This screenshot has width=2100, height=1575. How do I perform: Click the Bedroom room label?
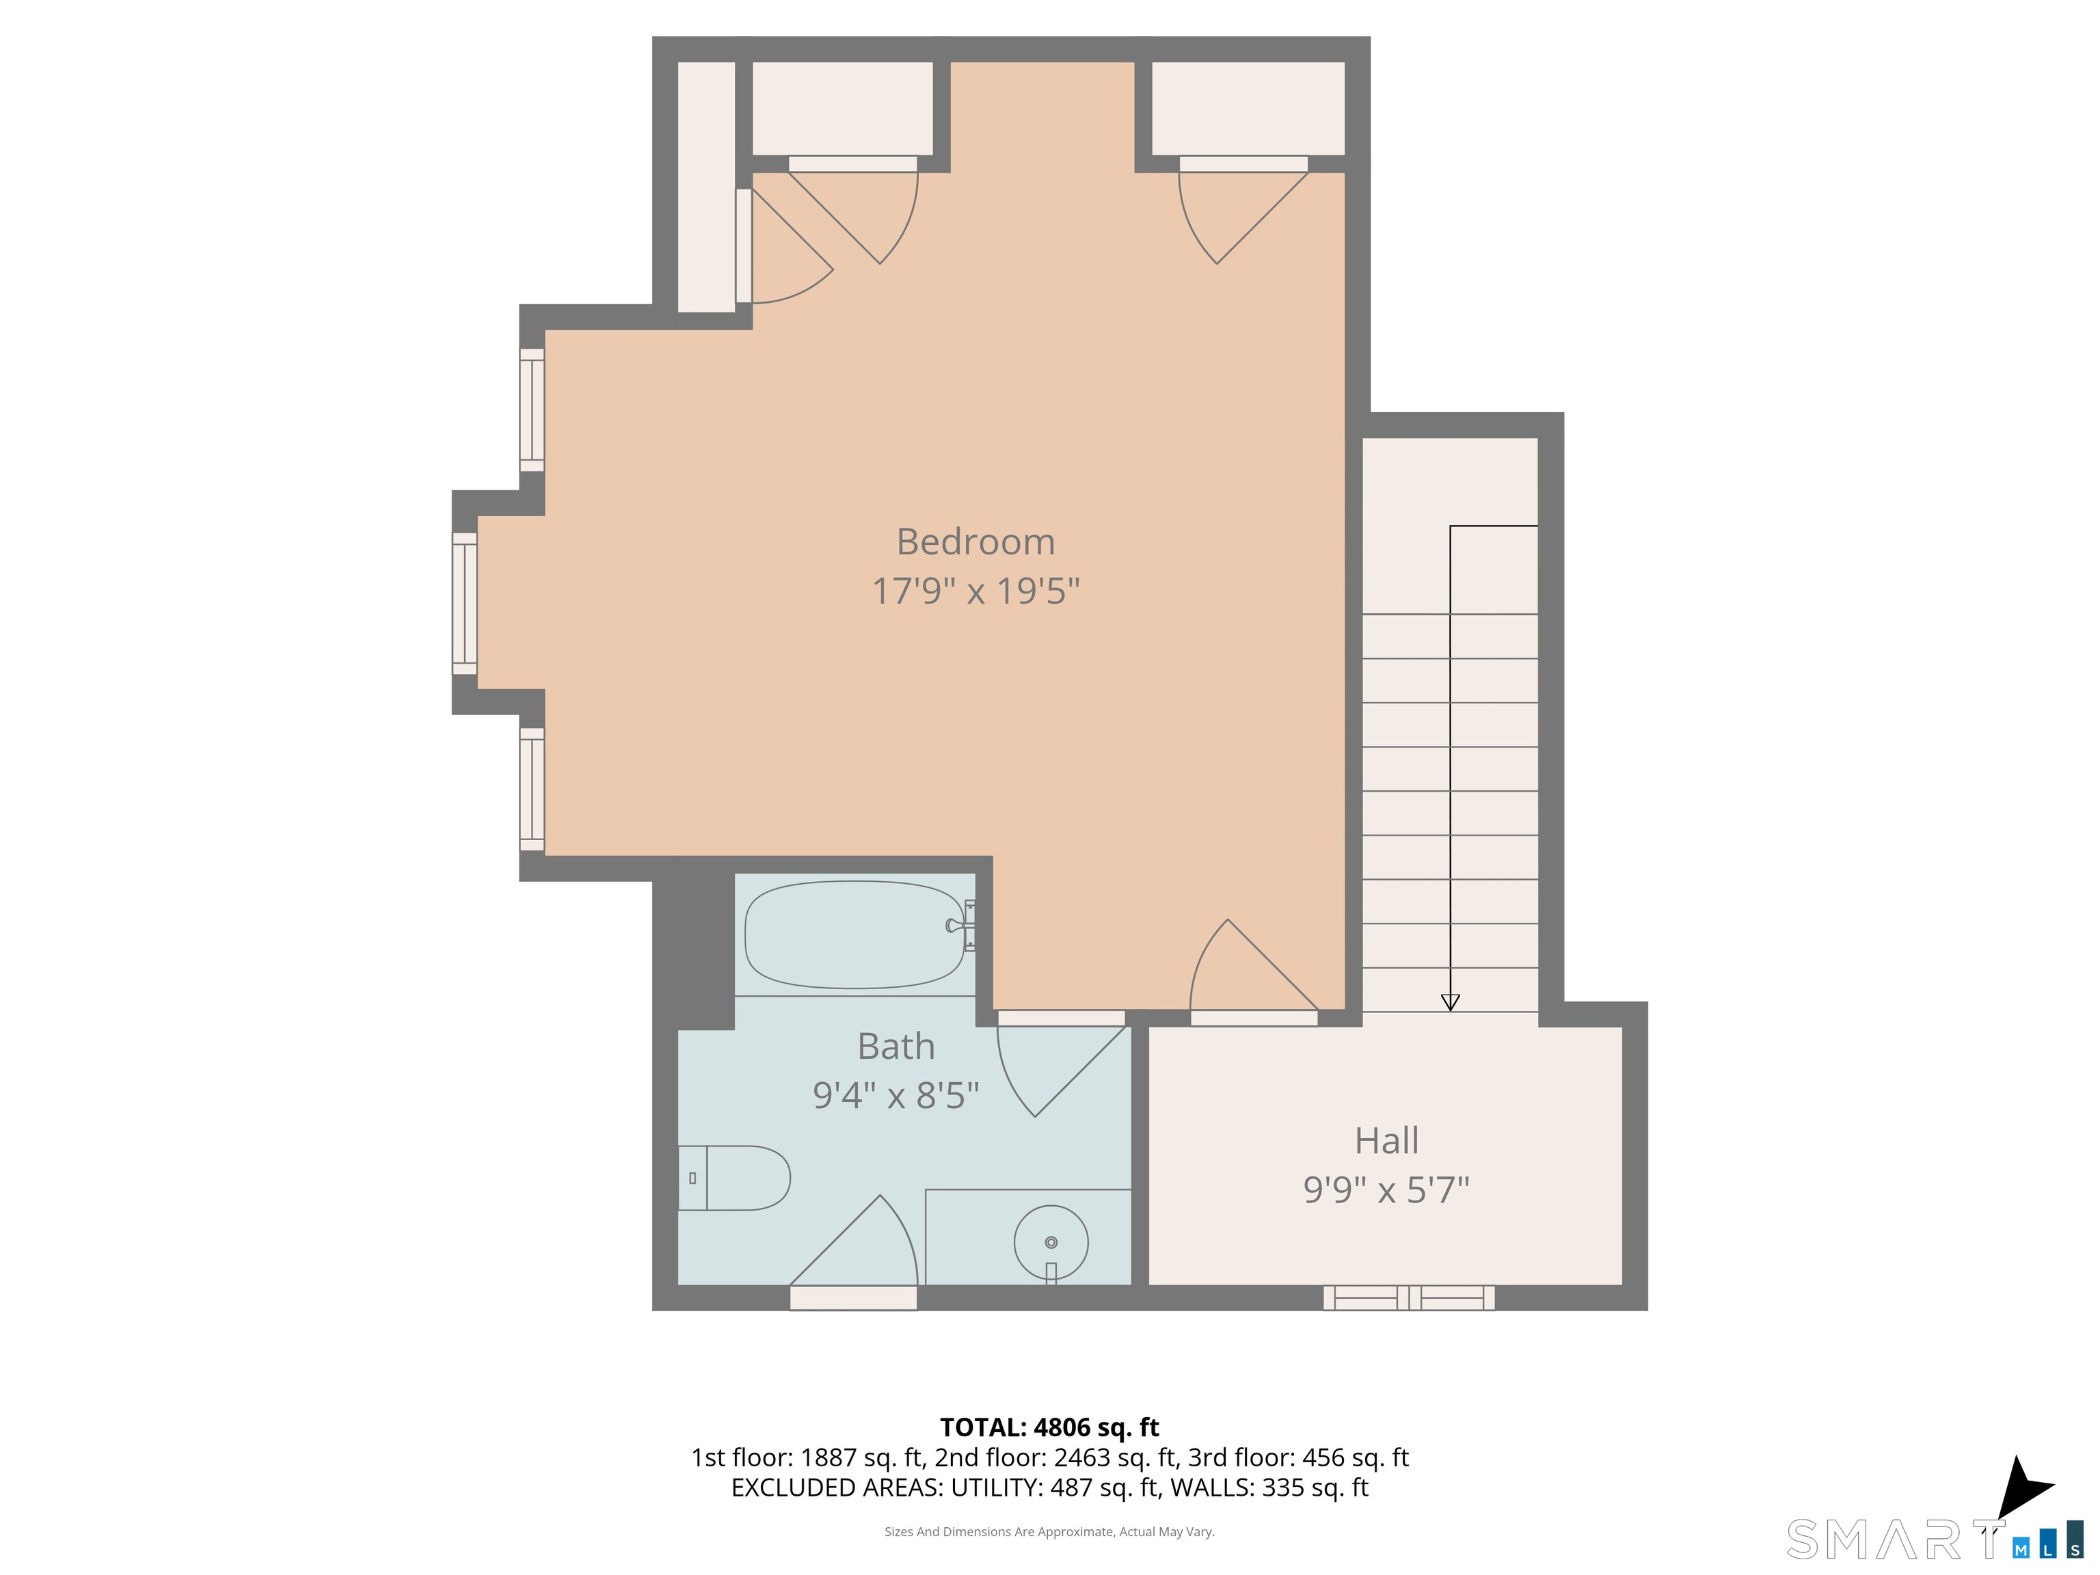point(976,542)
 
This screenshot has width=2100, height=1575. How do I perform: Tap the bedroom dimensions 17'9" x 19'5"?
point(976,591)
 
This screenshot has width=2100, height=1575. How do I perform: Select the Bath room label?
point(896,1046)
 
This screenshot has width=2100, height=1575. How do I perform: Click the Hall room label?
point(1387,1140)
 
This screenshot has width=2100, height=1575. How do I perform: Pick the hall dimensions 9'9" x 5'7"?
point(1387,1189)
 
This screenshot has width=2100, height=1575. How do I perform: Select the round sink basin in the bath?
point(1051,1243)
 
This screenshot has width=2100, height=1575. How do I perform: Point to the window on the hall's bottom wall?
point(1409,1297)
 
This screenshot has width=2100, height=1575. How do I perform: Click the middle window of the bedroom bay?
point(464,604)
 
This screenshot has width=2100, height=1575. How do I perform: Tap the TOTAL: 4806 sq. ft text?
point(1049,1427)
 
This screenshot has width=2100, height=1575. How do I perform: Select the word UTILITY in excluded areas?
point(994,1487)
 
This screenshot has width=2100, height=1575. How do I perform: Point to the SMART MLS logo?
point(1934,1539)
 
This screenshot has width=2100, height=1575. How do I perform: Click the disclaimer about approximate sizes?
point(1049,1531)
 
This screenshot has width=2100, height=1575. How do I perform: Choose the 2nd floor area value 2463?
point(1081,1457)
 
